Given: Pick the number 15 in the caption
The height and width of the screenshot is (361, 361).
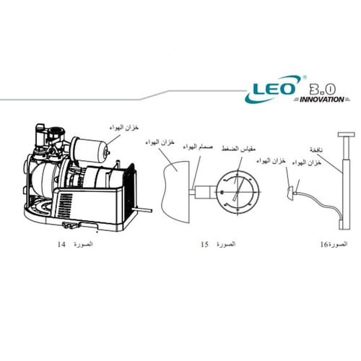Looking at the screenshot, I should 205,245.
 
